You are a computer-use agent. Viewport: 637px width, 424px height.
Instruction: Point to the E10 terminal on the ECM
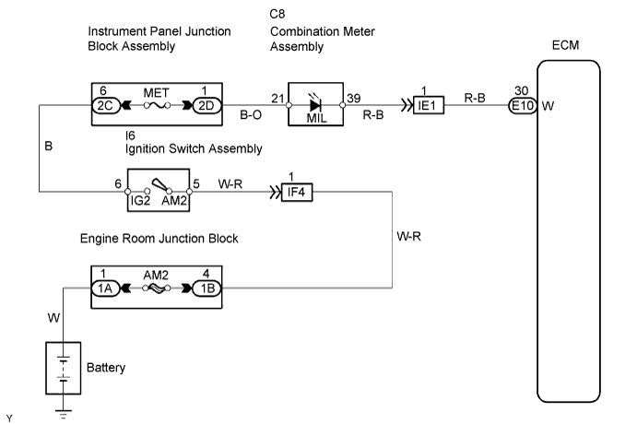tap(522, 105)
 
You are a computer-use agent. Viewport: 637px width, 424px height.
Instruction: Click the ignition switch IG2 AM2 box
tap(164, 191)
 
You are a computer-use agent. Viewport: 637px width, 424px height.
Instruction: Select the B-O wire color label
tap(251, 117)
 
